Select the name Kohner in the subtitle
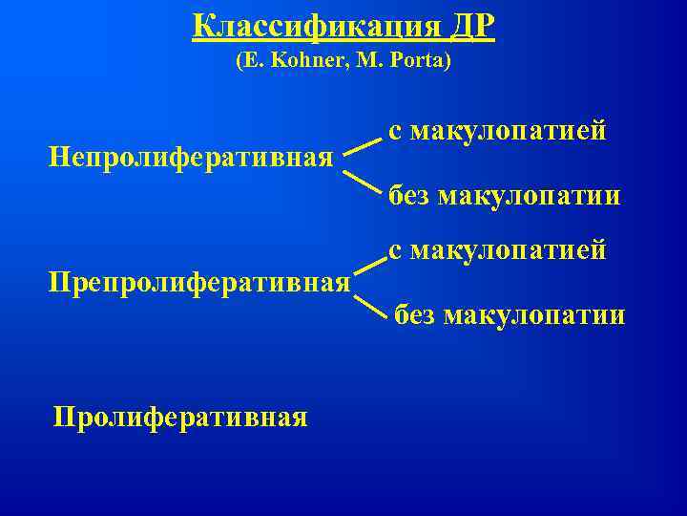tap(302, 62)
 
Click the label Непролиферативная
tap(191, 155)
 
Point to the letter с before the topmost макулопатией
tap(394, 132)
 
